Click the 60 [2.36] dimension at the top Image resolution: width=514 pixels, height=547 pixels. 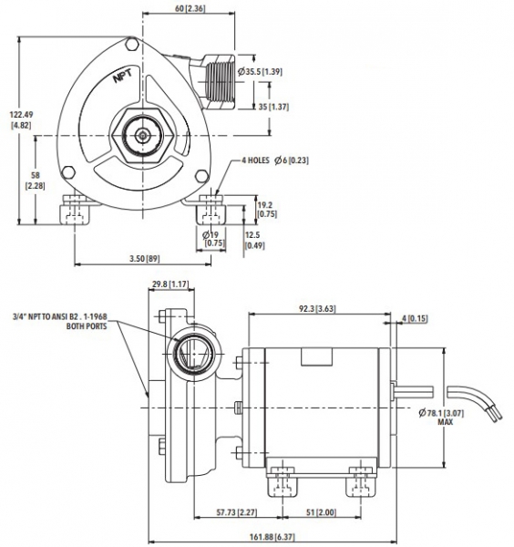click(x=190, y=8)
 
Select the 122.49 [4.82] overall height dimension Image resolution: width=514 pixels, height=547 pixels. click(x=21, y=119)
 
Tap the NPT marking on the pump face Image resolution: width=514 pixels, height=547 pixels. click(x=123, y=76)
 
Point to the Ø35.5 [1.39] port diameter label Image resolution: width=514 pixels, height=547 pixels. click(x=260, y=72)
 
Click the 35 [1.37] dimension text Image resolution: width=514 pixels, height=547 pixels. click(x=273, y=107)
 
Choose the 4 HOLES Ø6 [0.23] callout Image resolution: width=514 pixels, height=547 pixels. click(x=275, y=160)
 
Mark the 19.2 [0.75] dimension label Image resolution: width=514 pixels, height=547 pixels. click(x=267, y=210)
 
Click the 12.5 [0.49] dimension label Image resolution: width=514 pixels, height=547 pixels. click(x=254, y=241)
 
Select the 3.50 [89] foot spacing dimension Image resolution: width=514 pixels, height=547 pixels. click(x=145, y=259)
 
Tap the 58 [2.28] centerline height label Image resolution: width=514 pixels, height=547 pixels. click(x=36, y=181)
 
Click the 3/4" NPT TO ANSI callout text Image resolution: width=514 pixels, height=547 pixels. click(x=59, y=321)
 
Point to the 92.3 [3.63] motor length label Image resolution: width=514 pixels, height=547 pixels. click(x=317, y=309)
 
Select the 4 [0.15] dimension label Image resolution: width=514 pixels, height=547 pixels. click(x=415, y=318)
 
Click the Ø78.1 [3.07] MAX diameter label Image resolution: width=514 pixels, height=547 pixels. click(x=441, y=418)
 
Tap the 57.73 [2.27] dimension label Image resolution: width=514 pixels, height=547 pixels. click(x=237, y=512)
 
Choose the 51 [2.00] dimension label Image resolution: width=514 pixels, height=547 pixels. click(x=322, y=512)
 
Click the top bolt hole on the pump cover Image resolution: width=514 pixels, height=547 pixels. click(x=131, y=45)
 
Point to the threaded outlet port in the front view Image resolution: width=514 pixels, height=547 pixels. click(x=219, y=82)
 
